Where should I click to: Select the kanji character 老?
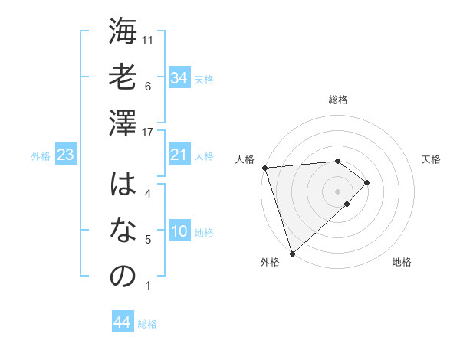pyautogui.click(x=123, y=77)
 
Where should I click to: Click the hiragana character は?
pyautogui.click(x=123, y=186)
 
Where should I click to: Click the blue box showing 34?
pyautogui.click(x=179, y=77)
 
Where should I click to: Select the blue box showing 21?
pyautogui.click(x=179, y=155)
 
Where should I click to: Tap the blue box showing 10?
pyautogui.click(x=179, y=232)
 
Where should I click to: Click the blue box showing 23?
pyautogui.click(x=65, y=155)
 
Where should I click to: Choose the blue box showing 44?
pyautogui.click(x=122, y=322)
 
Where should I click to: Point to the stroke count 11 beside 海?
pyautogui.click(x=148, y=39)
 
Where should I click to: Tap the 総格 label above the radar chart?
pyautogui.click(x=338, y=100)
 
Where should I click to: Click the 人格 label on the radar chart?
pyautogui.click(x=245, y=159)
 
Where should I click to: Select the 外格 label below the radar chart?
pyautogui.click(x=270, y=262)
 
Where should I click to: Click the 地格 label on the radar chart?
pyautogui.click(x=402, y=262)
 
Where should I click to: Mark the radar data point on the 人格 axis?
pyautogui.click(x=264, y=167)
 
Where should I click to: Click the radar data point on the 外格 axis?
pyautogui.click(x=292, y=252)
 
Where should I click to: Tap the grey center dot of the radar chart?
pyautogui.click(x=337, y=189)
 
